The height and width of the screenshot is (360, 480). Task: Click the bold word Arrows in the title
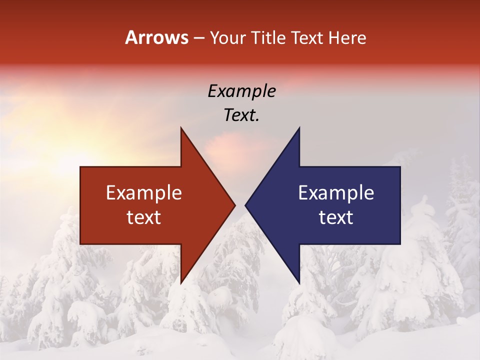(x=156, y=37)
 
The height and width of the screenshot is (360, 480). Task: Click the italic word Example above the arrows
(x=241, y=91)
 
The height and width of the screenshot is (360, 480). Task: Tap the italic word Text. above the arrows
(x=241, y=115)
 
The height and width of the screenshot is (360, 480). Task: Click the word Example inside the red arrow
(x=144, y=193)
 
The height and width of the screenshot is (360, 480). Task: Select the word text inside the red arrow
(x=144, y=217)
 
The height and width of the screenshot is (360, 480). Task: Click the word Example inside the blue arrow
(x=336, y=193)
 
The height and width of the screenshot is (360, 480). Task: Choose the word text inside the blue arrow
(x=336, y=217)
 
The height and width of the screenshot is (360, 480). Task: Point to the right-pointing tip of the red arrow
(x=234, y=205)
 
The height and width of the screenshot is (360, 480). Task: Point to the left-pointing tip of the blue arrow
(x=245, y=205)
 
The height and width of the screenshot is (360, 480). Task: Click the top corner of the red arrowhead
(x=181, y=128)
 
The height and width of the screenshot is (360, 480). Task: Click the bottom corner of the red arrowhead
(x=181, y=283)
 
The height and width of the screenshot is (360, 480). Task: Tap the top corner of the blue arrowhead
(x=299, y=128)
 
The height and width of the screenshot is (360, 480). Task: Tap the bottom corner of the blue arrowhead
(x=299, y=283)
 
